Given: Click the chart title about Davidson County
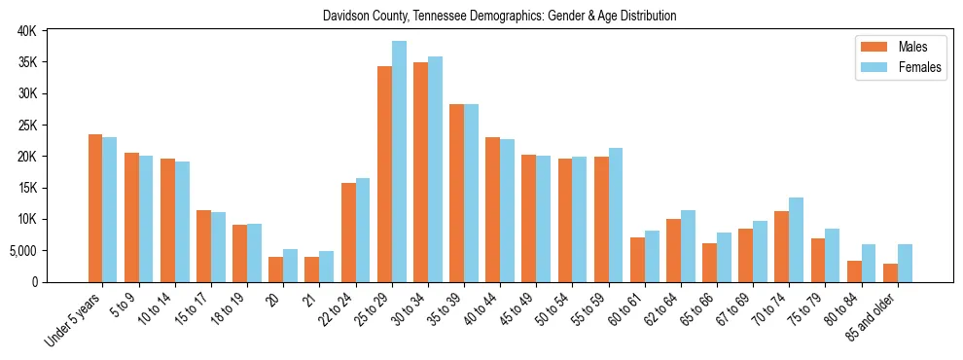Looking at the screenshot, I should point(499,17).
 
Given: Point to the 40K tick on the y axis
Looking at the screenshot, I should point(26,31).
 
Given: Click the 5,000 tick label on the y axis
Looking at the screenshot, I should point(21,251).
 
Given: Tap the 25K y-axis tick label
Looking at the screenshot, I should point(26,126).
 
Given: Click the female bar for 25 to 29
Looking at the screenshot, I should point(399,162).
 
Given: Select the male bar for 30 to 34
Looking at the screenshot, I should point(420,172).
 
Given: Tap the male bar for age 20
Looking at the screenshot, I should point(275,270).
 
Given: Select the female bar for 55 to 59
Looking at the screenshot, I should point(616,215).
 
